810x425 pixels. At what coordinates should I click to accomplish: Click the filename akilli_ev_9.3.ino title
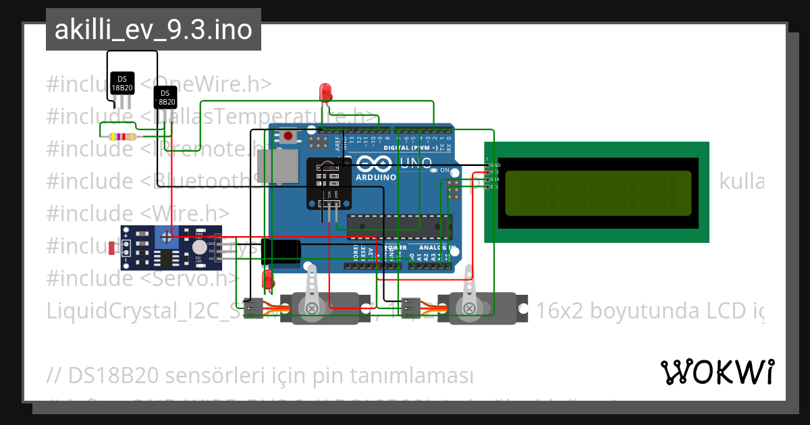click(153, 30)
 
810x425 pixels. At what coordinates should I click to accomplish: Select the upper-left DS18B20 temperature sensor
click(122, 84)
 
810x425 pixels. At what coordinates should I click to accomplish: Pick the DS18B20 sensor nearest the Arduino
click(165, 97)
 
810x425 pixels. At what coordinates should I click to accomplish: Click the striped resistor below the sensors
click(122, 136)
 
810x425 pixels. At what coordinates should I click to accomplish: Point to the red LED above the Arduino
click(325, 91)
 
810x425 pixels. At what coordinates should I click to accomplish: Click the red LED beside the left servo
click(267, 278)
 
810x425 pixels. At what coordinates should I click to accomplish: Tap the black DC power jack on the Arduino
click(280, 250)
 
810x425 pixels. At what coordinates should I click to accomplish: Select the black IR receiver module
click(328, 182)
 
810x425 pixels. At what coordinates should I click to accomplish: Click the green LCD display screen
click(597, 192)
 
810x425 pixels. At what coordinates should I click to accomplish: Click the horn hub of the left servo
click(313, 308)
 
